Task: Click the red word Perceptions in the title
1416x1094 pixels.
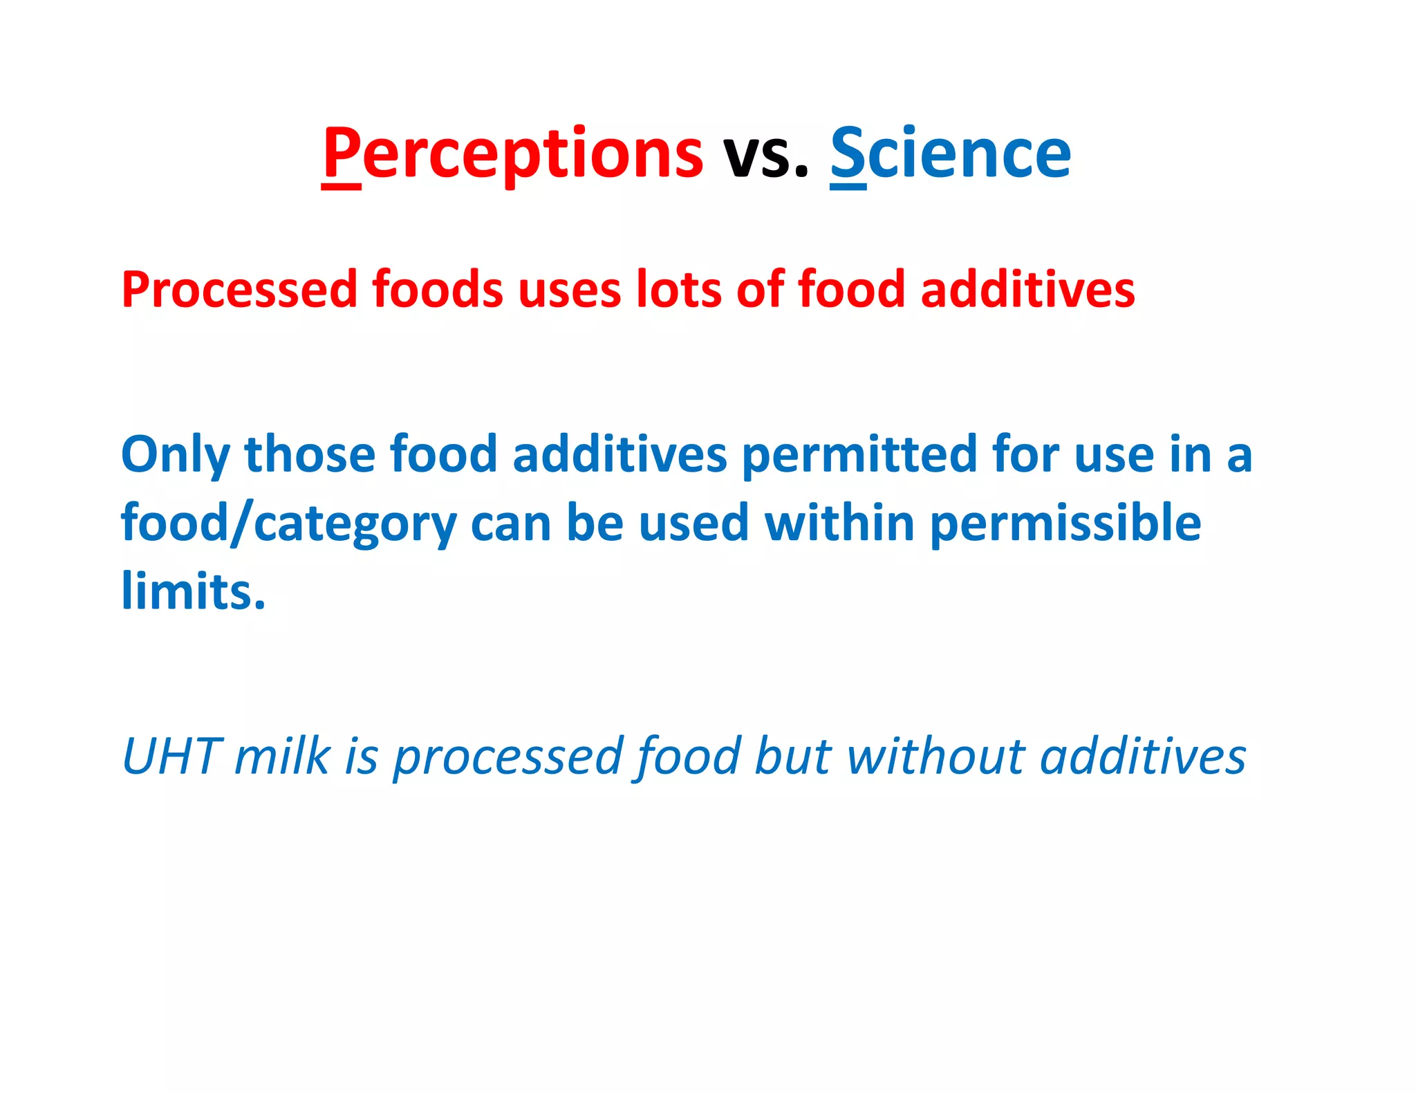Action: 512,154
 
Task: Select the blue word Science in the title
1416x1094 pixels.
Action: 951,154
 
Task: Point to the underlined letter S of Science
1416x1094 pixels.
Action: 848,154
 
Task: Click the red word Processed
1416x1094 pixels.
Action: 239,289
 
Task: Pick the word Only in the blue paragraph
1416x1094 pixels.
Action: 175,456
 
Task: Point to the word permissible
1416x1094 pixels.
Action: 1065,523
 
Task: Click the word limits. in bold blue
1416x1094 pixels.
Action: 193,591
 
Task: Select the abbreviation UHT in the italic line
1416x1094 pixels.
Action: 171,756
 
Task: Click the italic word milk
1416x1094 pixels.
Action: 281,756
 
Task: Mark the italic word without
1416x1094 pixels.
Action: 935,756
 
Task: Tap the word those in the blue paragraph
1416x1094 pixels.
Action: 309,454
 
